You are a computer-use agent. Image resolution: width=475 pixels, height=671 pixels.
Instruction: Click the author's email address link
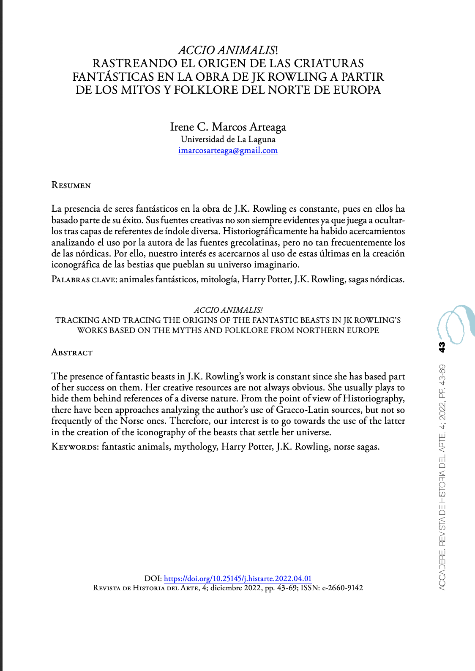[228, 150]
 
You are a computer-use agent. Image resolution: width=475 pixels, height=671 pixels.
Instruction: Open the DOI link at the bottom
[237, 578]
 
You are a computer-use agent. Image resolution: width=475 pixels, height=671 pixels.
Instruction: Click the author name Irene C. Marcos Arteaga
[228, 127]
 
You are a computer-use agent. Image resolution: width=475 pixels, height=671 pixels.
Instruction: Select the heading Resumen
[71, 185]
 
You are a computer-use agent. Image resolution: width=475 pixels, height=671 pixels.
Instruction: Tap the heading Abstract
[72, 352]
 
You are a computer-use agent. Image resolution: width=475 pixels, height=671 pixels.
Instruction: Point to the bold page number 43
[442, 347]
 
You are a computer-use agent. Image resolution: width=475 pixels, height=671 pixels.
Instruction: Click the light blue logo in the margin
[455, 324]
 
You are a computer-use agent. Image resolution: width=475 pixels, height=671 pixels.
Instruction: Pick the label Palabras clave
[84, 279]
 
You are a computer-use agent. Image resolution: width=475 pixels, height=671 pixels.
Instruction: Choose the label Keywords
[75, 447]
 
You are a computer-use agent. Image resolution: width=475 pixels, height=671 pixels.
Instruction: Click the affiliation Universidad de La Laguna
[228, 139]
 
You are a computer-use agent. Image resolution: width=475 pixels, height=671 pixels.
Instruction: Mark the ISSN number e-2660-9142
[342, 588]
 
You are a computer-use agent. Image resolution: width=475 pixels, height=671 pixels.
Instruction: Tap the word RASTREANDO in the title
[128, 63]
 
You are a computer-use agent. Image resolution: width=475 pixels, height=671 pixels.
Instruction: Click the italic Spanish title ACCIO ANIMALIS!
[228, 50]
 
